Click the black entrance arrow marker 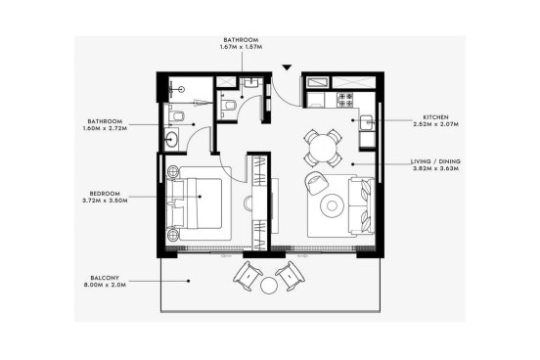[x=287, y=67]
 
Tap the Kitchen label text [x=435, y=117]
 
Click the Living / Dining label [x=435, y=161]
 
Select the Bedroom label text [x=105, y=194]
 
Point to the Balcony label [x=105, y=278]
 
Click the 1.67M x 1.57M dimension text [x=241, y=47]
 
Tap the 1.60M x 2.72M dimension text [x=105, y=128]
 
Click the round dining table [x=323, y=148]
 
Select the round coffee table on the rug [x=332, y=205]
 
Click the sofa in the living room [x=361, y=205]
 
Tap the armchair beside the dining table [x=316, y=183]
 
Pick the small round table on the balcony [x=269, y=286]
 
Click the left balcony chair [x=247, y=276]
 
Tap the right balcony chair [x=290, y=276]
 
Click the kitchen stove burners [x=345, y=99]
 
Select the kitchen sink [x=367, y=122]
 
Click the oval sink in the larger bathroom [x=171, y=140]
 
